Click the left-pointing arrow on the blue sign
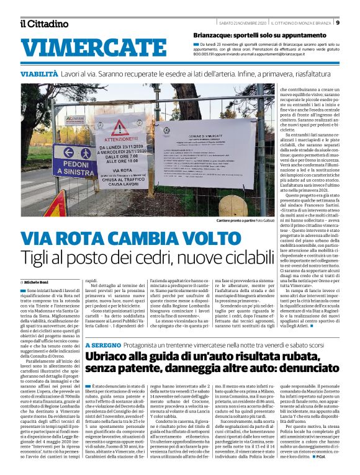point(70,152)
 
